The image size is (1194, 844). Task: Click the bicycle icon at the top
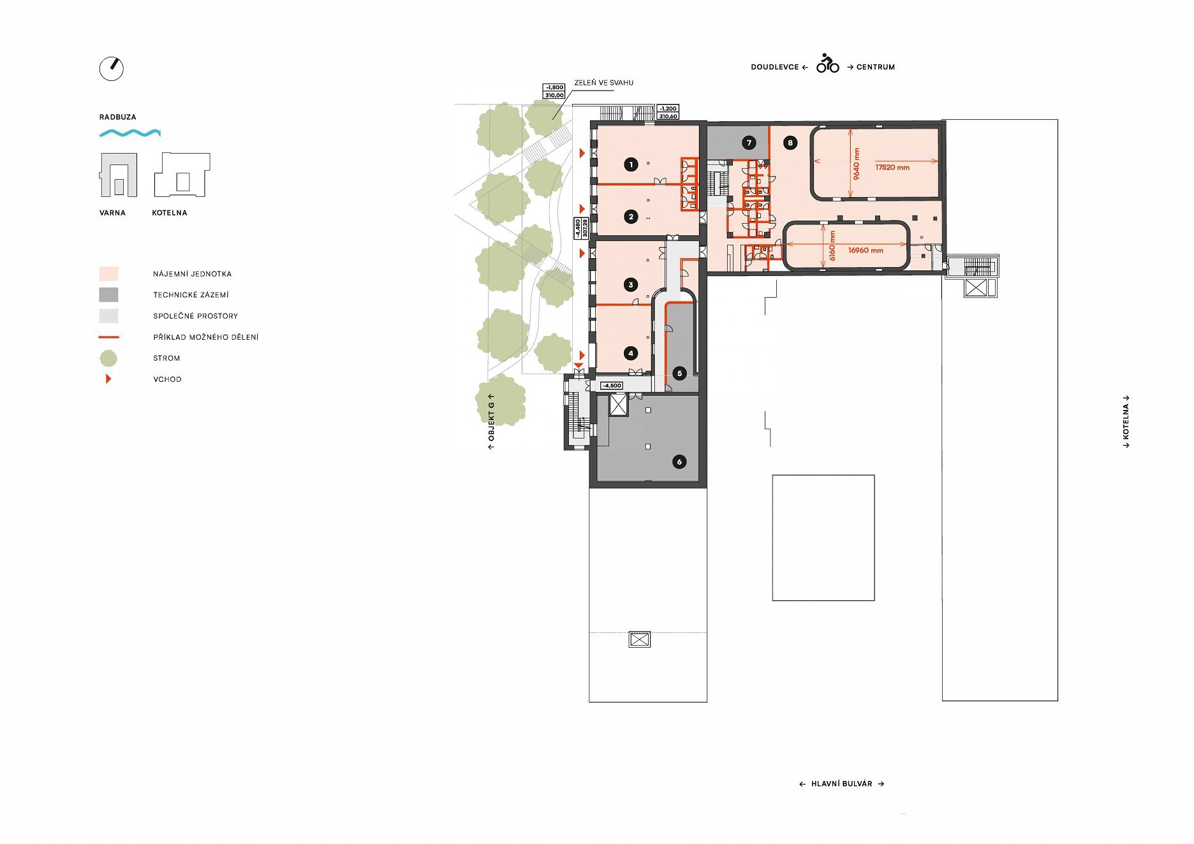pos(828,63)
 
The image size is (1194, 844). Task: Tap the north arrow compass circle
pos(112,69)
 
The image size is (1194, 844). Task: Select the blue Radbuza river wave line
pos(130,133)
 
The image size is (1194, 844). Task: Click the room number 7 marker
pos(749,143)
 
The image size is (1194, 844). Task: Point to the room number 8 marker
pos(790,143)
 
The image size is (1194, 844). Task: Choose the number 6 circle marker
pos(679,462)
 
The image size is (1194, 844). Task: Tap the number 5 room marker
pos(679,374)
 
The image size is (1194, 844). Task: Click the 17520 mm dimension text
pos(892,168)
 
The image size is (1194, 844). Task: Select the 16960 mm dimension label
pos(866,251)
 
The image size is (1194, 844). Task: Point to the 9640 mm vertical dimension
pos(857,164)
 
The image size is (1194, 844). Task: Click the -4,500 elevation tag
pos(612,386)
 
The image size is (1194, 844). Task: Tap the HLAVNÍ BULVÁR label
pos(841,784)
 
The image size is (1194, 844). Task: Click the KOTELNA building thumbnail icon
pos(182,175)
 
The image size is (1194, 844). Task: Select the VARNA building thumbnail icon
pos(119,175)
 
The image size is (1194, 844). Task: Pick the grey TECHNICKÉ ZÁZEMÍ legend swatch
pos(108,295)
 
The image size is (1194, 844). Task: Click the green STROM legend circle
pos(108,358)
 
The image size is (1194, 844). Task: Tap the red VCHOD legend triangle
pos(108,379)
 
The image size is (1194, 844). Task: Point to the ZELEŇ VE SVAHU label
pos(604,83)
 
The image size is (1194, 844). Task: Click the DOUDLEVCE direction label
pos(775,67)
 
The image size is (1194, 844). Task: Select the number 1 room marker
pos(631,164)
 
